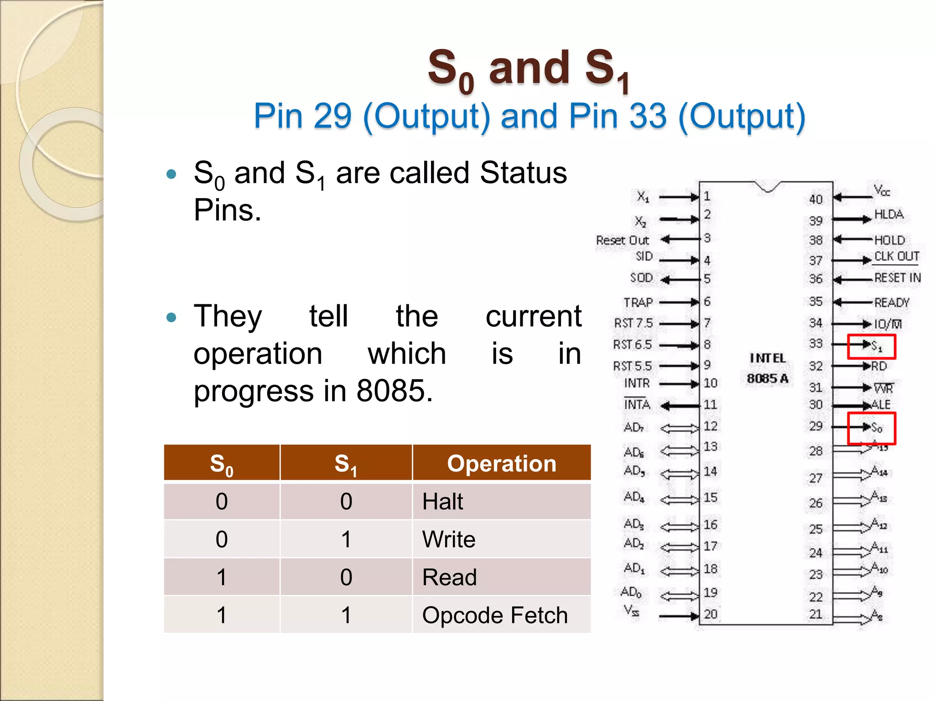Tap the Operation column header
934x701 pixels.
(x=502, y=464)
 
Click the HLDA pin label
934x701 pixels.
(x=888, y=214)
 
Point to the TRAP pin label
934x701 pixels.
(x=638, y=303)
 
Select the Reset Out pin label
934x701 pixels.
(x=622, y=241)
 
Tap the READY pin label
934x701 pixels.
(x=892, y=303)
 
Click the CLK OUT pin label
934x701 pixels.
(x=896, y=256)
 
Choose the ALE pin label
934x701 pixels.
(x=881, y=405)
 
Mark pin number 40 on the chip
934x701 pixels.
(x=816, y=199)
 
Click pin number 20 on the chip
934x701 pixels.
(x=711, y=614)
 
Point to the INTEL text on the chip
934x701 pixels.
(x=768, y=358)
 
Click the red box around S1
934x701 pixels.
(x=872, y=347)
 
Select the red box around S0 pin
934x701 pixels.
(x=872, y=428)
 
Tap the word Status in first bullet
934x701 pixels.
(x=523, y=173)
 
